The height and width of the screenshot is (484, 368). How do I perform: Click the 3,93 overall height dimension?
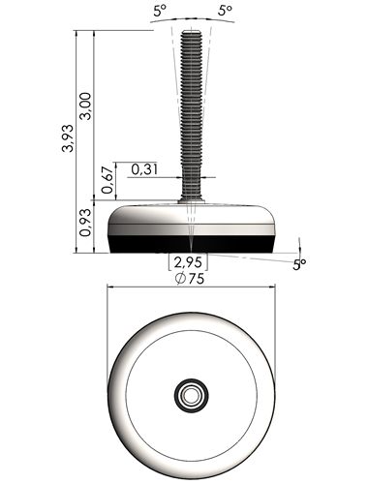68,138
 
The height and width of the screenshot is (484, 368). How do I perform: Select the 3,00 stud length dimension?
86,106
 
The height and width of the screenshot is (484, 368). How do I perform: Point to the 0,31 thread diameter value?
145,169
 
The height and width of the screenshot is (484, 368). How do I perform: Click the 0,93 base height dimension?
86,223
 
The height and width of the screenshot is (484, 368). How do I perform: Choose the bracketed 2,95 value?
188,262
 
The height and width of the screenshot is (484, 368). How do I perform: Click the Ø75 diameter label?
190,279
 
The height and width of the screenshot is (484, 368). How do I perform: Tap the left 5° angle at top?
160,12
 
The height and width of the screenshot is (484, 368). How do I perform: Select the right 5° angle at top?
225,11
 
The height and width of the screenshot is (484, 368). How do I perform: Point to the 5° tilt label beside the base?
299,265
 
